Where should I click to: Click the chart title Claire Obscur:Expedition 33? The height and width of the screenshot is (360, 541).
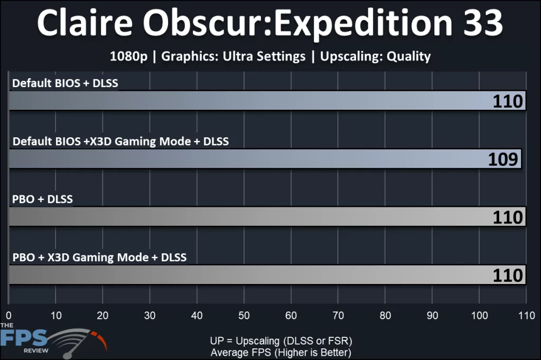270,23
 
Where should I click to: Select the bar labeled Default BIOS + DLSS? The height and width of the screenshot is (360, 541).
264,100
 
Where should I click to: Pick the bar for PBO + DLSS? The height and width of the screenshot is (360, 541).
264,216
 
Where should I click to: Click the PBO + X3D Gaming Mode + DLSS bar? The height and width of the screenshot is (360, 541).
264,274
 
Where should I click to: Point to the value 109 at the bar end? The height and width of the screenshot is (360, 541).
503,159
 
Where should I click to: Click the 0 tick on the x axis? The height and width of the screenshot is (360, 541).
9,316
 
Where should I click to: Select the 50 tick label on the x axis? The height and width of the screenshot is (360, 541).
244,316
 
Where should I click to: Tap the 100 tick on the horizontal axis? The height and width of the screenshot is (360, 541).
479,316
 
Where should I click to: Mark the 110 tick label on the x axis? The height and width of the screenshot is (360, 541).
526,316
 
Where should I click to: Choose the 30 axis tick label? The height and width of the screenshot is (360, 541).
150,316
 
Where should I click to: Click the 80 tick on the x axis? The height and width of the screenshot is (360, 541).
385,316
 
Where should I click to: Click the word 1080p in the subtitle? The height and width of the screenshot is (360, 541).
128,56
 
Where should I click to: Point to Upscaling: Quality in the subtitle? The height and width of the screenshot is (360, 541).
376,56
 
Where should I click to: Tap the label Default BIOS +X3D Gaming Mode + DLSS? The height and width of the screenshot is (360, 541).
120,141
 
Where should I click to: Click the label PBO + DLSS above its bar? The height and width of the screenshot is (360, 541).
42,200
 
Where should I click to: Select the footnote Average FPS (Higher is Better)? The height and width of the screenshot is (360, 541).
281,352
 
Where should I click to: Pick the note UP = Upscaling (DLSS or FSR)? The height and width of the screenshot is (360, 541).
281,340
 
